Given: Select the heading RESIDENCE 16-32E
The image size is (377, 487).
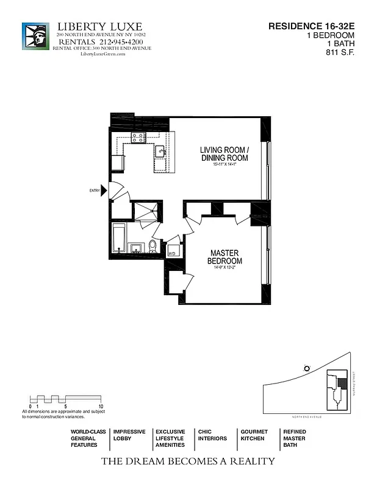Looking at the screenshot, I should tap(311, 26).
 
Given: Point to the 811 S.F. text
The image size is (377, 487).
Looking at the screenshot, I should tap(340, 52).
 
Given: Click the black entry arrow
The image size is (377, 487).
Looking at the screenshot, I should tap(104, 191).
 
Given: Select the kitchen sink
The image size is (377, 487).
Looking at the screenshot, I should tap(160, 152).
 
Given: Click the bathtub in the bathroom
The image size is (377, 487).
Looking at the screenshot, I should tap(118, 238).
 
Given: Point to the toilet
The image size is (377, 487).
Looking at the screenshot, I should tap(153, 246).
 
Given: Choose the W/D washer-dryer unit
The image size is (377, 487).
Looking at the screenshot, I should tap(173, 251).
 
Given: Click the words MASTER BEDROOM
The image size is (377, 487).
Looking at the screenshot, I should tap(224, 256).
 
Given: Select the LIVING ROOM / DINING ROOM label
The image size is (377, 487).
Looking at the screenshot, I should tap(224, 154).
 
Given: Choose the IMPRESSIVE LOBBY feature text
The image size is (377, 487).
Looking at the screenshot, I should tap(129, 435).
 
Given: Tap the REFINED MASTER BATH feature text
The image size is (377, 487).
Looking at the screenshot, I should tap(295, 438).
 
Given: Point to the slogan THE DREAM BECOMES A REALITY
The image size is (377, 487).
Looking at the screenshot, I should tap(188, 461).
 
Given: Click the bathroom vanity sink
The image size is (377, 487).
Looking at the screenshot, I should tap(135, 247).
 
